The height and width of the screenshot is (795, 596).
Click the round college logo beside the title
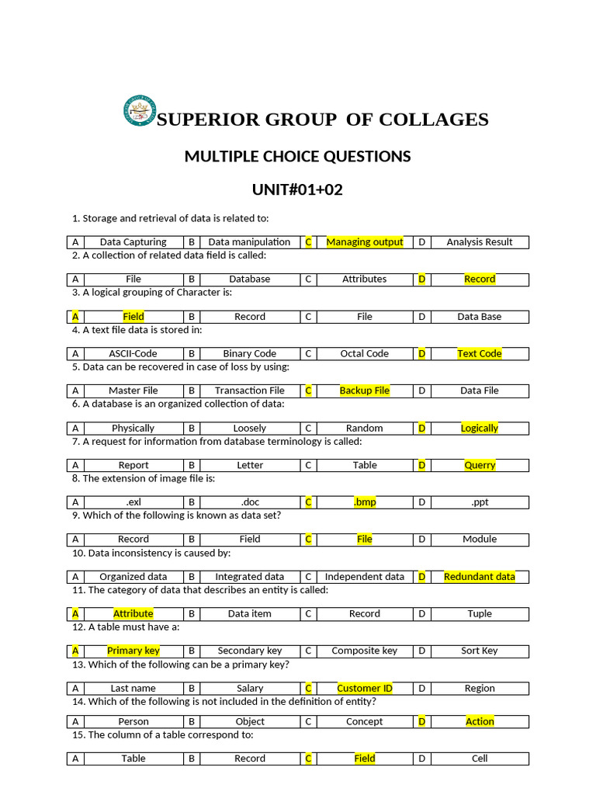coord(140,111)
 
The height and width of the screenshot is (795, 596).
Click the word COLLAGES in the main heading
coord(433,120)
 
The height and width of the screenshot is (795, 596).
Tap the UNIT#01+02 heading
coord(297,190)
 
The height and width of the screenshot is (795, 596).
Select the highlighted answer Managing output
coord(365,242)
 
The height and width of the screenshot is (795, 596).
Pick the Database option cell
coord(250,279)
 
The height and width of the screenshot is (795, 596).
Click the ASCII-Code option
coord(133,353)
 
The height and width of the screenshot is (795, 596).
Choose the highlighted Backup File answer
coord(365,391)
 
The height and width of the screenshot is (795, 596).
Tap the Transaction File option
coord(250,391)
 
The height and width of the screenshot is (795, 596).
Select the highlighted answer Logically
coord(480,428)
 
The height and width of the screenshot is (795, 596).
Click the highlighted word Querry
coord(480,465)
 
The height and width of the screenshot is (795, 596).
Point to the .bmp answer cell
coord(365,502)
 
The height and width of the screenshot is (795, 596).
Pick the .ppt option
coord(480,502)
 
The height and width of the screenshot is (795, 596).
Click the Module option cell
coord(480,539)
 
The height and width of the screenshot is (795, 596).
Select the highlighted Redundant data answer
coord(480,576)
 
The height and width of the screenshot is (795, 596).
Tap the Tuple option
coord(480,613)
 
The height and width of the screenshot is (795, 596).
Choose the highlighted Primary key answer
coord(133,651)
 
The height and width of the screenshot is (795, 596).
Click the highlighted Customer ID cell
coord(365,688)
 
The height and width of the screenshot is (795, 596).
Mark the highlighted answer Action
coord(480,721)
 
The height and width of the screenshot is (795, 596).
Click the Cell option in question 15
coord(480,759)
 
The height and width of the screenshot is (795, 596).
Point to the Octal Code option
coord(365,353)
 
